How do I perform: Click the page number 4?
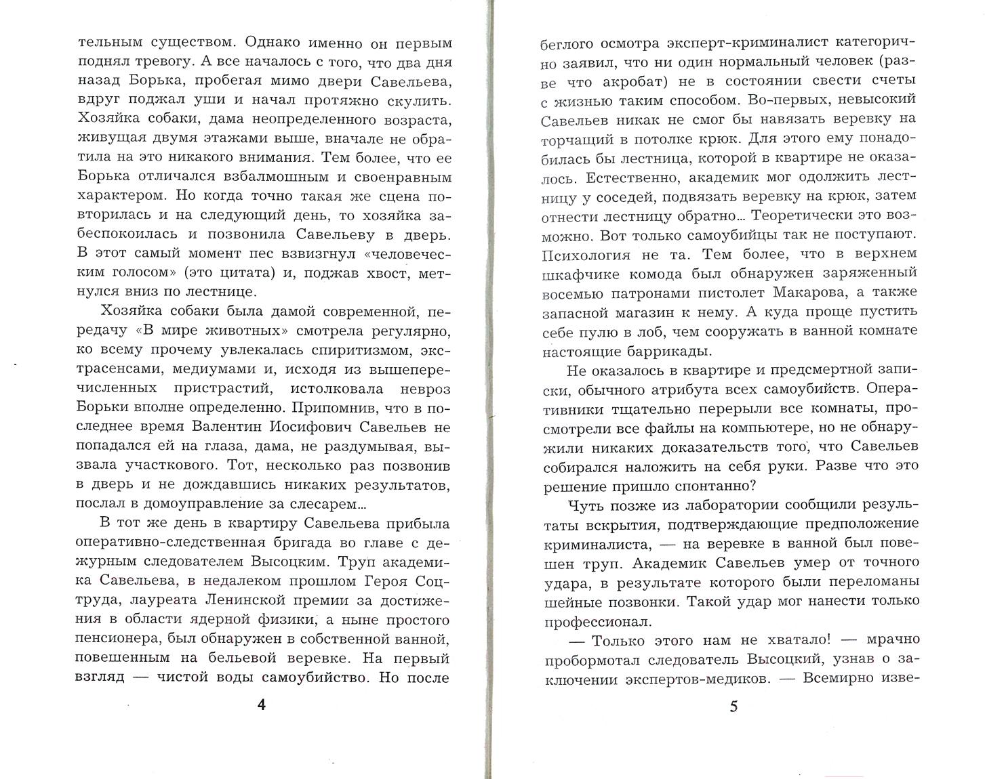click(x=262, y=705)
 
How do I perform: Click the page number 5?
click(x=733, y=707)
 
